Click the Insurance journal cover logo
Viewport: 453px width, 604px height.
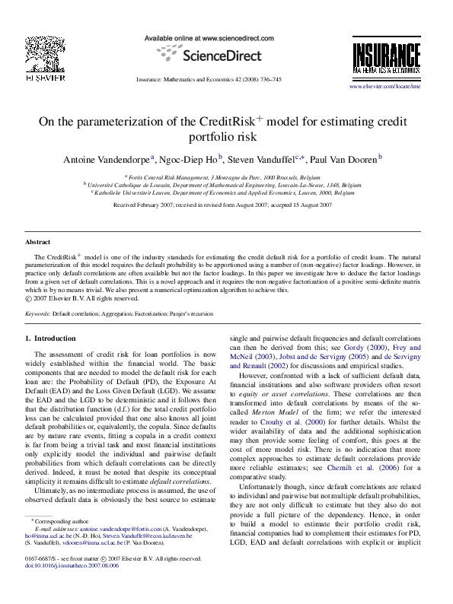(x=386, y=58)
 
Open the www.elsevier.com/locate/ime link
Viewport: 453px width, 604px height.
(x=384, y=87)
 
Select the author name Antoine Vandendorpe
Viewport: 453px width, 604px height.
(x=108, y=159)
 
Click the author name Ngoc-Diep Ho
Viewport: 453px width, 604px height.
(x=187, y=159)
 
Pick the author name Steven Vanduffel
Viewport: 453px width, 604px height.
(x=264, y=159)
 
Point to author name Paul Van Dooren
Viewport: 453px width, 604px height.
(x=341, y=159)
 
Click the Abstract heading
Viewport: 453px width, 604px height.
(x=37, y=242)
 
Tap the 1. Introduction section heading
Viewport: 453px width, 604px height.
(x=50, y=337)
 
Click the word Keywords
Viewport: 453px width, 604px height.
(x=37, y=314)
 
